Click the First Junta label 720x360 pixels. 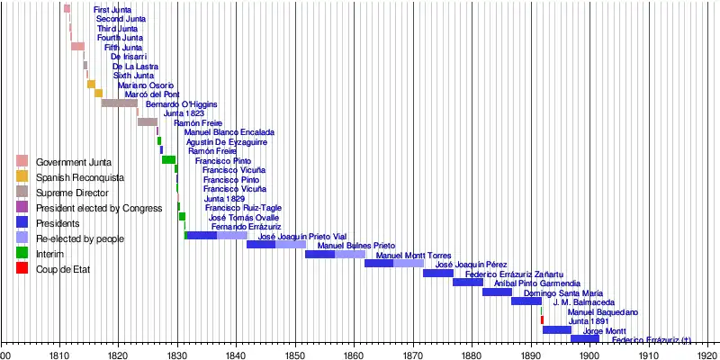coord(112,9)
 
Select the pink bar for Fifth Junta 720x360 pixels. coord(77,46)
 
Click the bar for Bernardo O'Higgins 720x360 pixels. coord(119,103)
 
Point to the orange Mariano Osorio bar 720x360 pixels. coord(91,84)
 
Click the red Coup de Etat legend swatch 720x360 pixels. coord(22,268)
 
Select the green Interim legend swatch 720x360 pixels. coord(22,253)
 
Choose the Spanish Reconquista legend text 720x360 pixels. coord(80,177)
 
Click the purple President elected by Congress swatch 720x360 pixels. coord(22,207)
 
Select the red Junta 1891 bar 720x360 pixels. coord(542,319)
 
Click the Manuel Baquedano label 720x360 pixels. coord(603,312)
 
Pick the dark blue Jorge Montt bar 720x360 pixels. coord(557,329)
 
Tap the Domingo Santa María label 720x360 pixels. coord(563,293)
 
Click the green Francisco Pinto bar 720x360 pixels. coord(168,159)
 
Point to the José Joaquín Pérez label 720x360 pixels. coord(472,265)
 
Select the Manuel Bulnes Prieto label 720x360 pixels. coord(356,246)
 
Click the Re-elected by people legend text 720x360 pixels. coord(80,238)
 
